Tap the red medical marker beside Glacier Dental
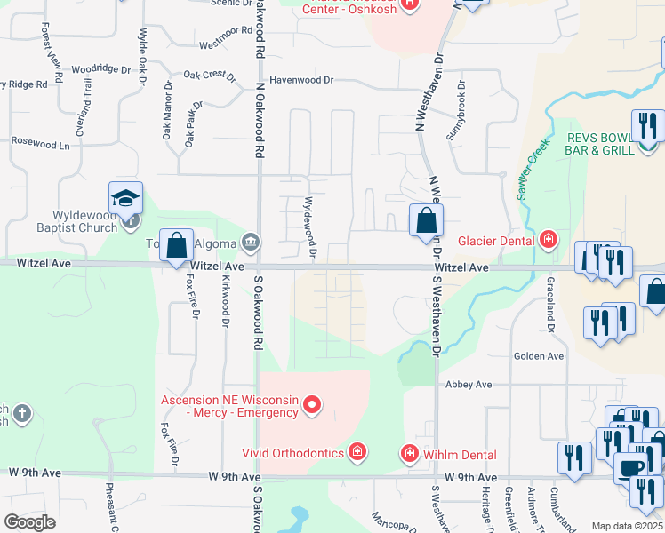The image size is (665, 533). [x=549, y=240]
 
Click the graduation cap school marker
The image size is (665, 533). [x=126, y=198]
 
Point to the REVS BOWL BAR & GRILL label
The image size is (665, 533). [x=599, y=143]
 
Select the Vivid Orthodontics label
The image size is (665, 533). [x=294, y=453]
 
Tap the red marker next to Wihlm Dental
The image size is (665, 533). [x=410, y=454]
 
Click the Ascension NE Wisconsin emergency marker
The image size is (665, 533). [x=311, y=407]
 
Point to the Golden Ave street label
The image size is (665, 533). [x=539, y=356]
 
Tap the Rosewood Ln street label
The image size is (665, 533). [x=39, y=142]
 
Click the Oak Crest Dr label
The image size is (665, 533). [x=210, y=76]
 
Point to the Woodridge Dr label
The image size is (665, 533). [x=100, y=68]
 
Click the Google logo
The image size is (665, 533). [x=29, y=521]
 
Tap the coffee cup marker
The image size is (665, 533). [x=630, y=469]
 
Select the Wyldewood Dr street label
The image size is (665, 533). [x=311, y=228]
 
